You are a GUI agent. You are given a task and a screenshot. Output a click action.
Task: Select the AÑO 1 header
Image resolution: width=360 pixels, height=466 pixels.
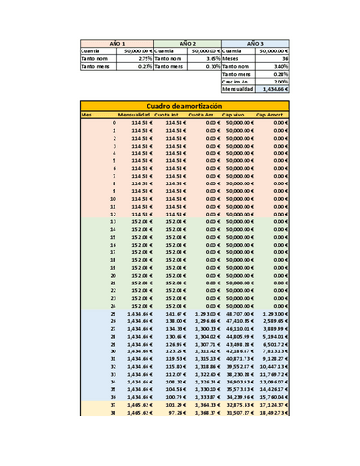point(115,45)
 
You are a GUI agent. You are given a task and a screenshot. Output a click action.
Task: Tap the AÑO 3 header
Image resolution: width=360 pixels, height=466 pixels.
point(256,45)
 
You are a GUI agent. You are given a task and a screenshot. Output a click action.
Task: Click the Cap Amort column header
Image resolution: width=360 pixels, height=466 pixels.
point(273,115)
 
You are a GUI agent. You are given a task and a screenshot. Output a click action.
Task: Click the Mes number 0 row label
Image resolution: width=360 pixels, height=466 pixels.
point(114,123)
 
